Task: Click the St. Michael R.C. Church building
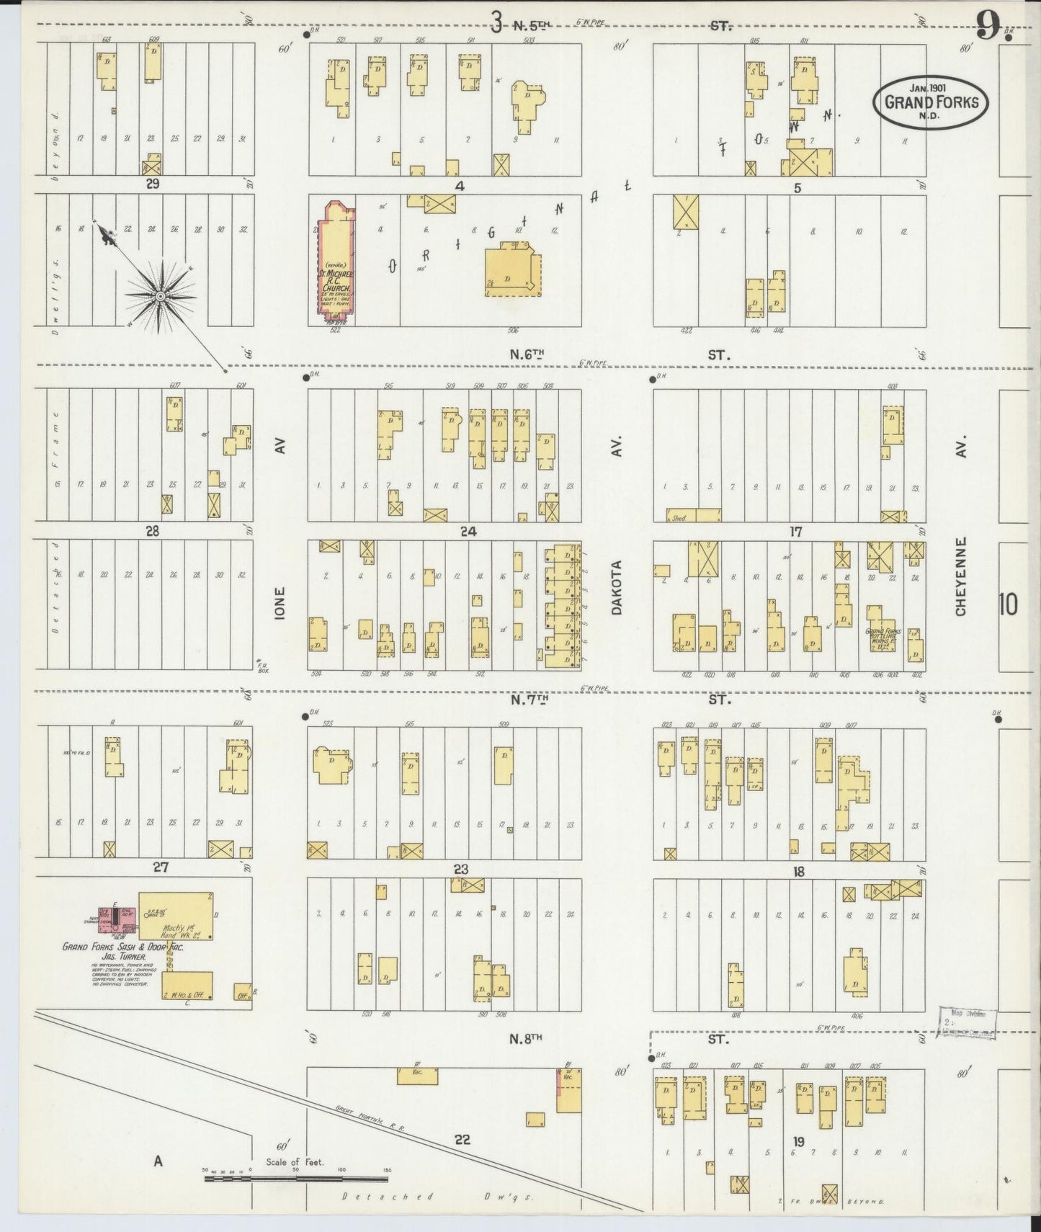(x=334, y=263)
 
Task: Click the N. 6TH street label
(x=527, y=354)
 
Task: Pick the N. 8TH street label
(x=525, y=1038)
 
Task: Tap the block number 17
(x=795, y=532)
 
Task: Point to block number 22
(x=462, y=1139)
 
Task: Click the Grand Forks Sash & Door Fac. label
(x=122, y=947)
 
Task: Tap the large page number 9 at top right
(x=988, y=29)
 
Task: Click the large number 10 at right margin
(x=1008, y=604)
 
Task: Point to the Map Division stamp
(x=968, y=1022)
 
